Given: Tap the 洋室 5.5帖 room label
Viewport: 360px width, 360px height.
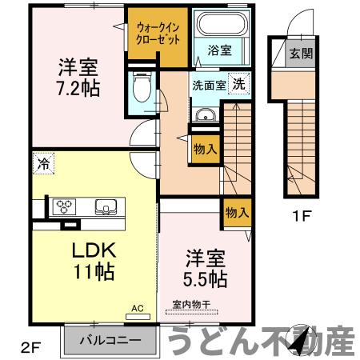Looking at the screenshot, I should click(206, 269).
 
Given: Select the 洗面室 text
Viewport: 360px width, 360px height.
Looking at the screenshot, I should click(207, 83).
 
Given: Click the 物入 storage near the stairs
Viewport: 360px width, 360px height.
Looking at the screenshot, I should click(204, 147).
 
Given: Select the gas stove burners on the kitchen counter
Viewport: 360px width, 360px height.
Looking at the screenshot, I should click(64, 206).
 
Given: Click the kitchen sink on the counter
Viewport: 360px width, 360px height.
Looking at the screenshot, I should click(106, 206).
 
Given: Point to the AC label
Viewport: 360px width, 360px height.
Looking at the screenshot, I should click(138, 307).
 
